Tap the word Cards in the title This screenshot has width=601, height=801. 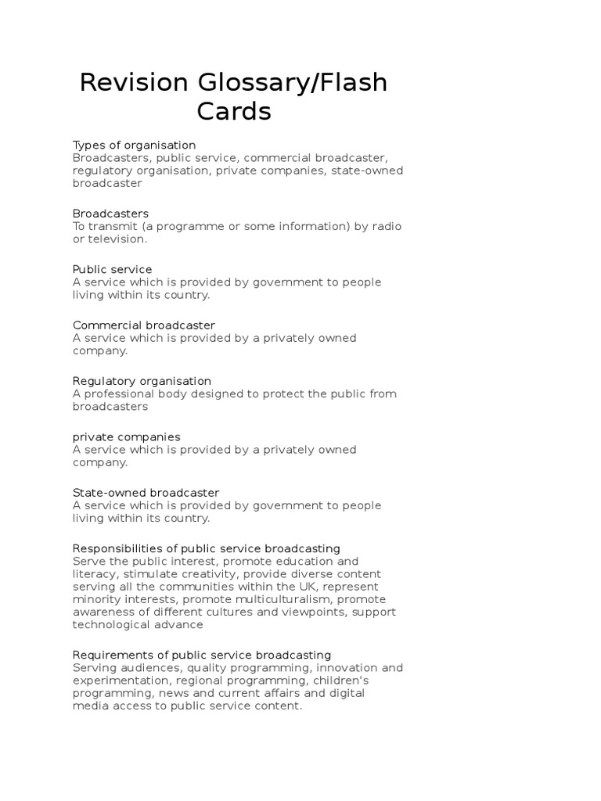(x=234, y=112)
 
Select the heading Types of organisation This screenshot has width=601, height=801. (x=134, y=145)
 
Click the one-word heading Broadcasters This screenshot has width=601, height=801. (x=110, y=214)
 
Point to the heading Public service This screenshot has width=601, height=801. (x=112, y=269)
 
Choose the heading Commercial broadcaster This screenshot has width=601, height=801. (x=143, y=325)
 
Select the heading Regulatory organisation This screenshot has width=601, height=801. (x=142, y=381)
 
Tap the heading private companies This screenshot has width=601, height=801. (x=126, y=436)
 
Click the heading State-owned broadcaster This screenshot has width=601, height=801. (x=146, y=493)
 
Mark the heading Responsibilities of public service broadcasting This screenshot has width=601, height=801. (x=206, y=548)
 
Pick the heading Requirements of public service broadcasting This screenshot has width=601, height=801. (x=202, y=655)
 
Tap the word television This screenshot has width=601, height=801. (x=117, y=239)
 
